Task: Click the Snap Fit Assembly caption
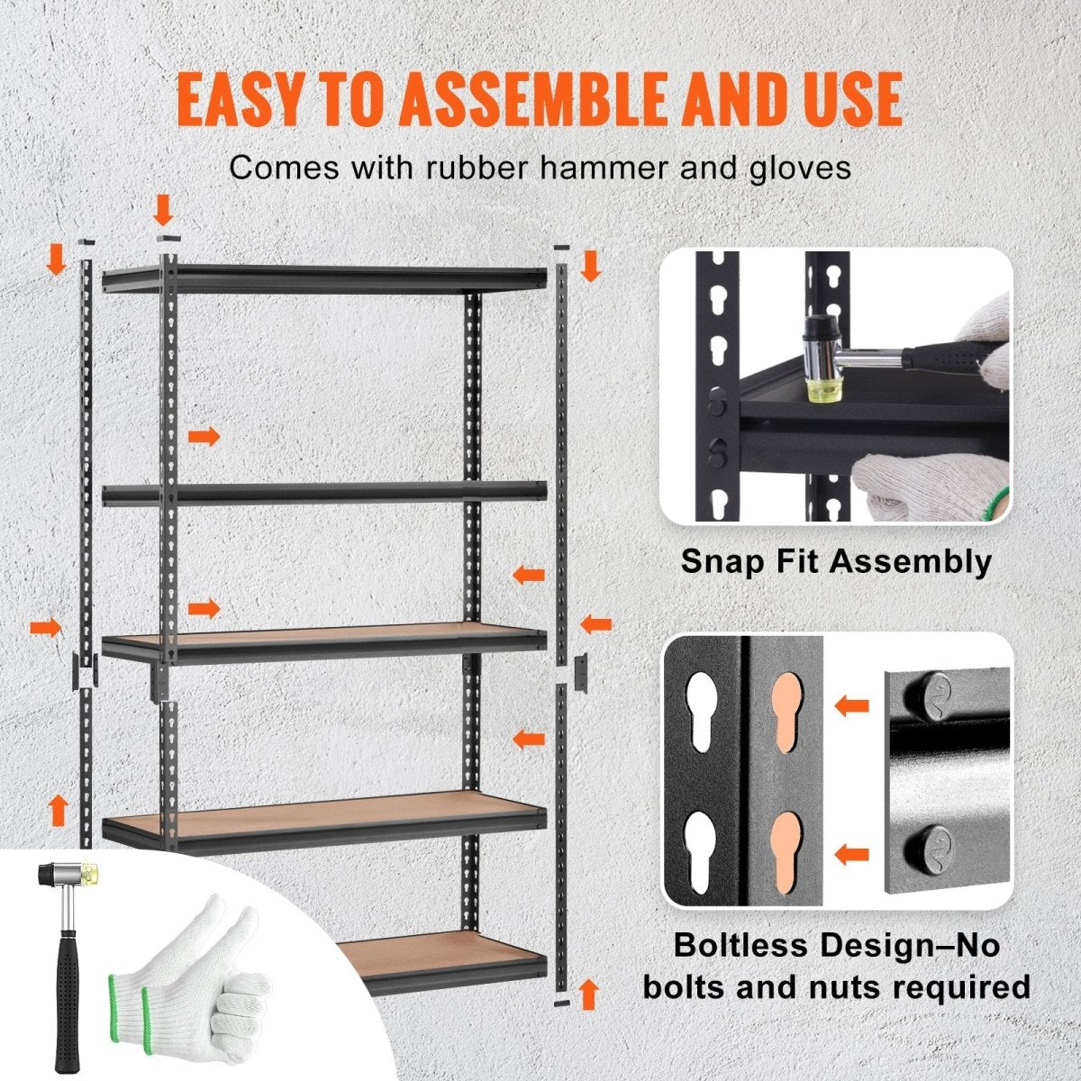pos(836,561)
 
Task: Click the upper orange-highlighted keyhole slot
pos(786,703)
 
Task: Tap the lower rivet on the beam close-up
pos(927,846)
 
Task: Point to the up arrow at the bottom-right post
pos(589,995)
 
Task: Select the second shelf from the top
pos(324,492)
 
